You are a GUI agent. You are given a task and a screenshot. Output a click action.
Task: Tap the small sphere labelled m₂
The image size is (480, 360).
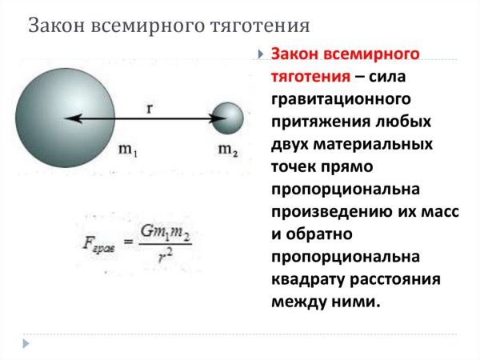coord(229,118)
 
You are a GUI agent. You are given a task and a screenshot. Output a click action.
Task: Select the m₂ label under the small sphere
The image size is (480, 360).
coord(228,152)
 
